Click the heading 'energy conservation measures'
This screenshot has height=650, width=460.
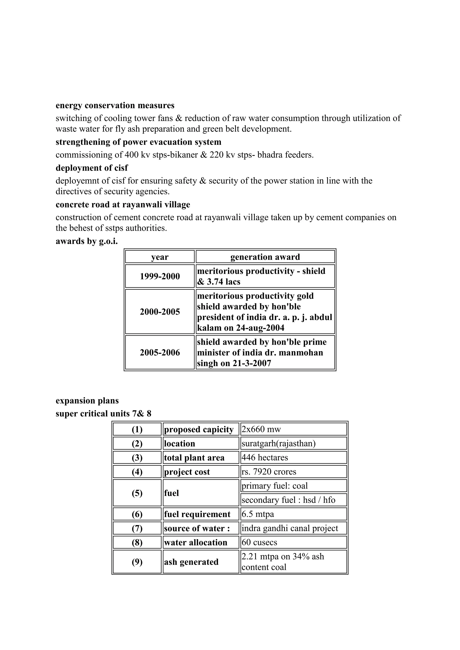tap(115, 105)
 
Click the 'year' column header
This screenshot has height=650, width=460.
tap(160, 257)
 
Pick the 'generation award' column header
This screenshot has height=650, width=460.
tap(265, 257)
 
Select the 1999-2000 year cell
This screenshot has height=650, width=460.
tap(160, 276)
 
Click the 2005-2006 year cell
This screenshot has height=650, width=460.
tap(160, 352)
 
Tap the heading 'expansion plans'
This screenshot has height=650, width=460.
tap(87, 401)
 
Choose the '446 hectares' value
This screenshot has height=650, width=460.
tap(265, 457)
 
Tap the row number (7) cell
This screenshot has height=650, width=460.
tap(137, 528)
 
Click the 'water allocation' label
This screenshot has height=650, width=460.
tap(195, 542)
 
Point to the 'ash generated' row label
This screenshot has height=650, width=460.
tap(191, 562)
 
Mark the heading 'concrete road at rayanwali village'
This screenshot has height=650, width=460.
tap(123, 204)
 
